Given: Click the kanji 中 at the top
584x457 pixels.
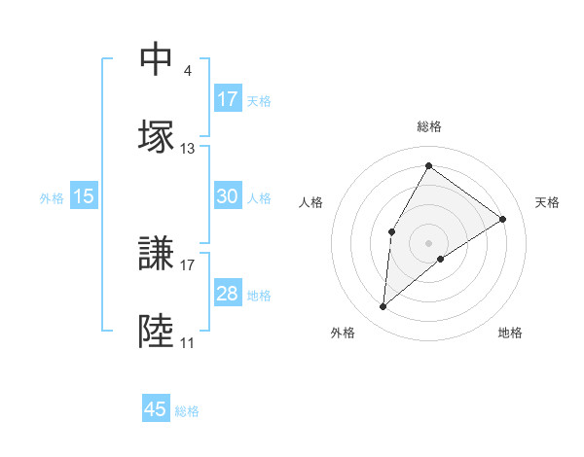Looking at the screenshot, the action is coord(156,60).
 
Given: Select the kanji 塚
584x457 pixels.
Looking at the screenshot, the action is coord(156,136).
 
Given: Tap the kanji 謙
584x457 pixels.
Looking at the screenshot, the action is coord(156,254).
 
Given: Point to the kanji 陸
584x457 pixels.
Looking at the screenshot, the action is coord(156,332).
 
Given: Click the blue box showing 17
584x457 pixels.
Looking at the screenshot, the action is coord(228,98).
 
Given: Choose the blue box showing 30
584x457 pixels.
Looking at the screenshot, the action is coord(228,196).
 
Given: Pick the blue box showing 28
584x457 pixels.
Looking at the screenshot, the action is coord(228,294).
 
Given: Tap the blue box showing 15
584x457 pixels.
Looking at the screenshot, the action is coord(84,196).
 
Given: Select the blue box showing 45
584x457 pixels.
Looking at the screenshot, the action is coord(156,409).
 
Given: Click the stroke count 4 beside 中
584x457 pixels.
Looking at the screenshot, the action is coord(188,71).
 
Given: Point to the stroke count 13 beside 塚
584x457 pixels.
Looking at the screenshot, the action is coord(188,149).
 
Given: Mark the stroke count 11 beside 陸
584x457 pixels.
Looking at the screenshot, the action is coord(187,343).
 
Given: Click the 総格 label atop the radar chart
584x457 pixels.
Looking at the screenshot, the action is coord(429,126).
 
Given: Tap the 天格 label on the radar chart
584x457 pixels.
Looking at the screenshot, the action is coord(547,202).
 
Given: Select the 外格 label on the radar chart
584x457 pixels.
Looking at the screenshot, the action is coord(343,333).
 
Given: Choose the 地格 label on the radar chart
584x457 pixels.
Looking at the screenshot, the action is coord(510,333).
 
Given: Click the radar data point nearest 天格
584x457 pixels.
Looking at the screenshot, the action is coord(503,219).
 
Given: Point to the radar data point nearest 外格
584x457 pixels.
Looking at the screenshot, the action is coord(383,307).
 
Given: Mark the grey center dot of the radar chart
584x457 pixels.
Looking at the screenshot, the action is coord(428,241).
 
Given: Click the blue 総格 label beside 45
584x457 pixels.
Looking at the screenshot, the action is coord(187,411).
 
